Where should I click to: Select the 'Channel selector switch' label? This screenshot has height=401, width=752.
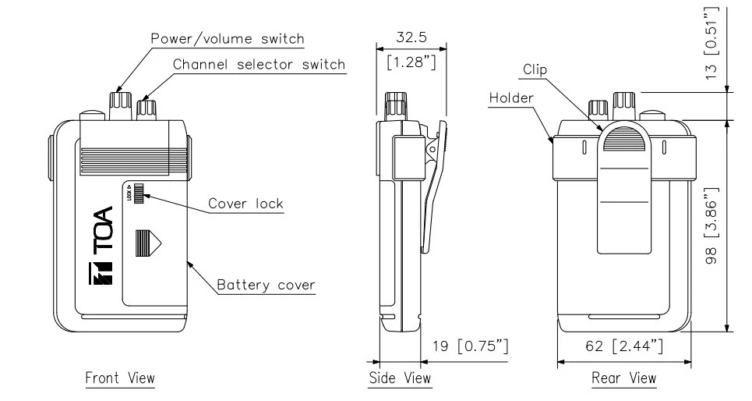(x=258, y=64)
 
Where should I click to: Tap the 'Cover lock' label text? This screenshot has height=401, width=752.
(x=245, y=204)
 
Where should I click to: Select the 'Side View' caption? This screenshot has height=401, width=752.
(x=399, y=378)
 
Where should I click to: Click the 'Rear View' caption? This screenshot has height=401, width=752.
(x=623, y=378)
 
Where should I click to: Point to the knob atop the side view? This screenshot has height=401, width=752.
(x=396, y=105)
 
